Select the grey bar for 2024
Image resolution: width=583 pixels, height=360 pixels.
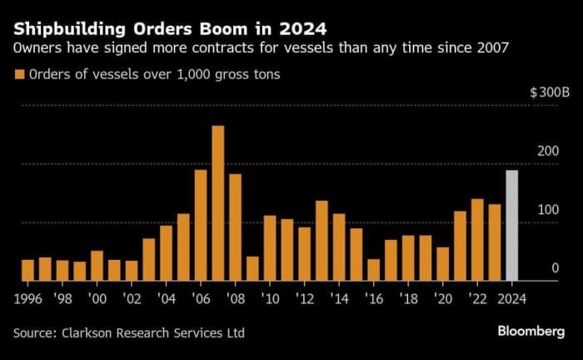click(x=512, y=226)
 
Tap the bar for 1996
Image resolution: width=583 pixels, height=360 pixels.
click(x=27, y=270)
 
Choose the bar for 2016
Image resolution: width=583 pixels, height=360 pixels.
click(x=373, y=270)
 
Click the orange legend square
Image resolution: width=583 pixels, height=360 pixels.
click(x=18, y=75)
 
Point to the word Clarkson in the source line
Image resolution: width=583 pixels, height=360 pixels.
click(x=94, y=332)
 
